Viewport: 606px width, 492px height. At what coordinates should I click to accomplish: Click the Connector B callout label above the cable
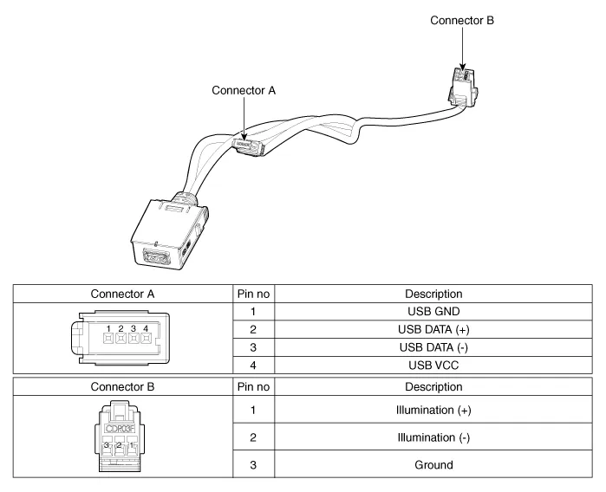pos(462,19)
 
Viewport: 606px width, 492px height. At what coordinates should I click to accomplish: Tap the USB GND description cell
pos(438,311)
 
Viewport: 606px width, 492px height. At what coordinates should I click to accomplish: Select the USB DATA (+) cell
pos(438,329)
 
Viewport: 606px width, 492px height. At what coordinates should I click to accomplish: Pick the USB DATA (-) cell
pos(438,347)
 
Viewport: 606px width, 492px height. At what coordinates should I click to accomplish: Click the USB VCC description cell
pos(438,366)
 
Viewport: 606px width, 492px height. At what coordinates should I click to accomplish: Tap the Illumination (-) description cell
pos(438,437)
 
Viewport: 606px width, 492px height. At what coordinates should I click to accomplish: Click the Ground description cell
pos(438,465)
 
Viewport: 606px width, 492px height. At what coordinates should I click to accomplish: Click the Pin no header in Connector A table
pos(253,294)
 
